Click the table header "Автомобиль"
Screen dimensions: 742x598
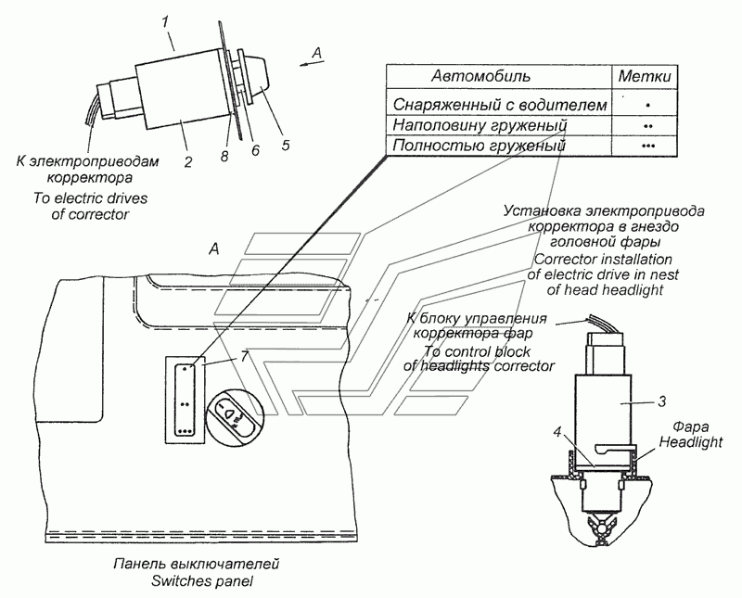[480, 76]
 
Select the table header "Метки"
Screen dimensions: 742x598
[645, 76]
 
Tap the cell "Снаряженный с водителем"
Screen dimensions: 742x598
[500, 105]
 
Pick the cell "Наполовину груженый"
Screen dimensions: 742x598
[480, 125]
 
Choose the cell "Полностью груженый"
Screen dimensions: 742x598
[479, 146]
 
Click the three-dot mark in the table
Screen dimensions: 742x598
[648, 146]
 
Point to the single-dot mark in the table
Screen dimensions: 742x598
[647, 105]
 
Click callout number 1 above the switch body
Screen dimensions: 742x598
[165, 22]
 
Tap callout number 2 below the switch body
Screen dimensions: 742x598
[188, 162]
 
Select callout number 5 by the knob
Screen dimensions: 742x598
[286, 145]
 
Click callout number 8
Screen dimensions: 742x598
[224, 156]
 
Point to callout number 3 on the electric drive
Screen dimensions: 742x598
[662, 401]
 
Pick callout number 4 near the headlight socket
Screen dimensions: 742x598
[557, 432]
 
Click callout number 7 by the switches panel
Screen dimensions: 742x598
[244, 356]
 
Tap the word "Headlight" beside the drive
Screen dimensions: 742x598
[691, 442]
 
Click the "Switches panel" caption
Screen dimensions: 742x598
[202, 581]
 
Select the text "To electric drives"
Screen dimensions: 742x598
[90, 197]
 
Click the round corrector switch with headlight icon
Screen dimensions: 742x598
[230, 417]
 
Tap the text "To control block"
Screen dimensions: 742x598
[477, 351]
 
